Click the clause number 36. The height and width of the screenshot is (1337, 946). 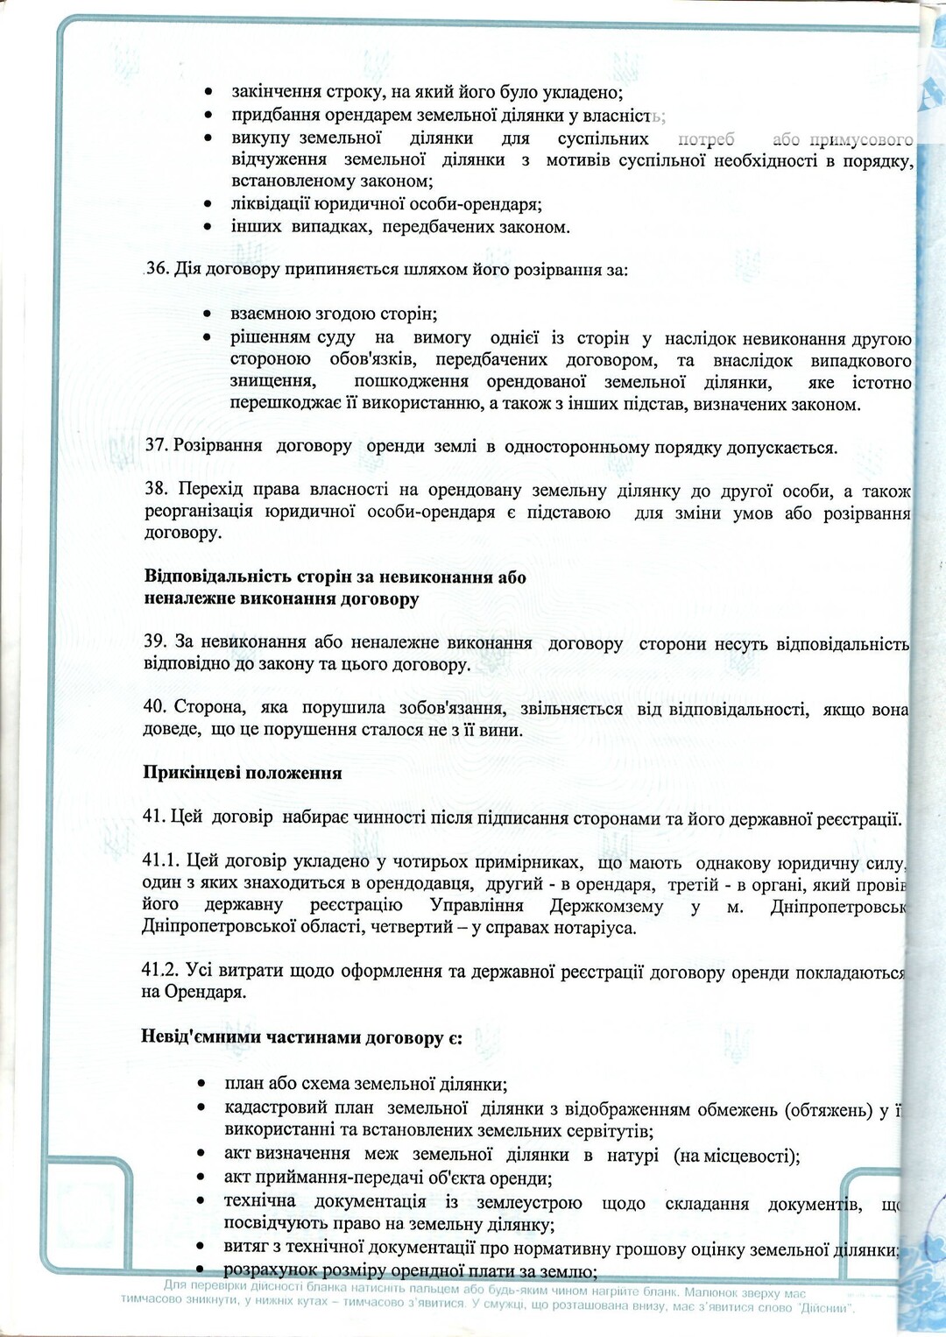pos(158,268)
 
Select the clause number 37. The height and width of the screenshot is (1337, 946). pos(156,445)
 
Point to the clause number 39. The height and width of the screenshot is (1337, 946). pos(155,641)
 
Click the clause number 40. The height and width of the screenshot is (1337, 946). pos(155,707)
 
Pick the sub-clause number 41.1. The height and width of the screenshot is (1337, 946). pos(159,860)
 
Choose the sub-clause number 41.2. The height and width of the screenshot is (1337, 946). pos(160,970)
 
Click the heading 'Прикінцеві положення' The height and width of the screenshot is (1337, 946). pos(243,773)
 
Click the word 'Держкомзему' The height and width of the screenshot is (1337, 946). pos(606,906)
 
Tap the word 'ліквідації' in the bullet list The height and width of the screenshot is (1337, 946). pos(266,204)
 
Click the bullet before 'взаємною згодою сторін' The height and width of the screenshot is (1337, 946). pos(207,314)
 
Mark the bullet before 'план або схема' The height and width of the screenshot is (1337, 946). pos(202,1084)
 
